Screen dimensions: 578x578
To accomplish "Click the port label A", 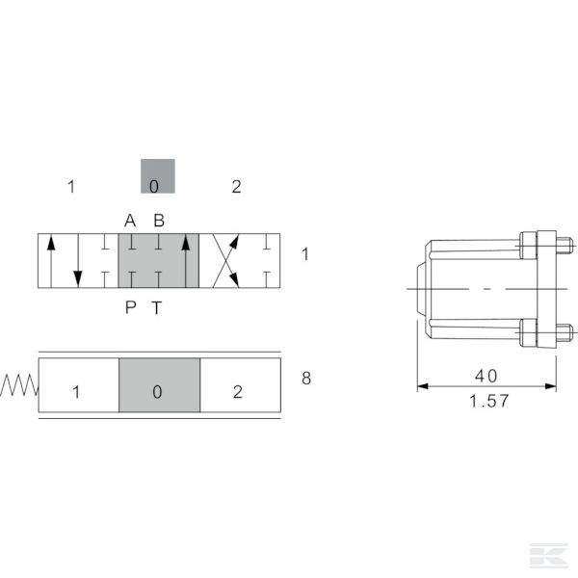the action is pos(130,221).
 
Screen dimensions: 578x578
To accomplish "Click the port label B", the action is pos(159,221).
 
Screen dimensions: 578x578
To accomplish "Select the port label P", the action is pos(130,307).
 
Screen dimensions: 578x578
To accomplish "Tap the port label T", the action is pos(157,308).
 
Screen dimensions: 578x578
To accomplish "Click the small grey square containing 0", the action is pos(158,176).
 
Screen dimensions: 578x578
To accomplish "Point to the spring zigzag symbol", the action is pos(19,385).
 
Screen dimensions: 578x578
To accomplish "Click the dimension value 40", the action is pos(486,376).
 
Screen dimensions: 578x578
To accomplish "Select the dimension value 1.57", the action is pos(488,401).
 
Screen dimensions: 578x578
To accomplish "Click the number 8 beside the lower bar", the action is pos(306,379).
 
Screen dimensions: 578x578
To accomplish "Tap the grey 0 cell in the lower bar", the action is pos(160,384).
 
